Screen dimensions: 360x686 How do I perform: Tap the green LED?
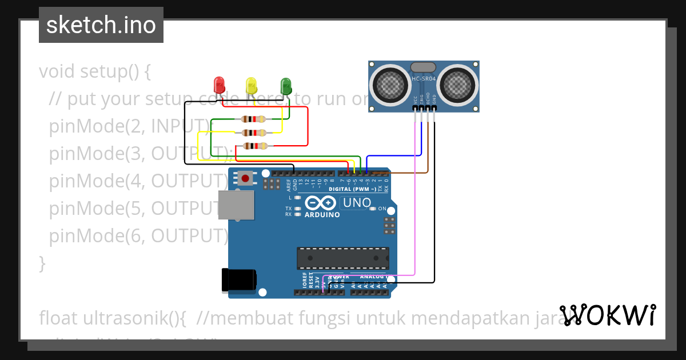point(286,86)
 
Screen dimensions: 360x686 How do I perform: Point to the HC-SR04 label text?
point(424,79)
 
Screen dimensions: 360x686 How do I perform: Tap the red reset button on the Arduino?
point(245,178)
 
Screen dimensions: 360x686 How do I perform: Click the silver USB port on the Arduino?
point(236,205)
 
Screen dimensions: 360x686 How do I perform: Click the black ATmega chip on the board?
point(342,258)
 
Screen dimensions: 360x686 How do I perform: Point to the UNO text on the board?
point(357,203)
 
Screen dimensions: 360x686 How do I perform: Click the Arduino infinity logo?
point(321,203)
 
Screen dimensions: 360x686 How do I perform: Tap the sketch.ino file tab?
point(101,25)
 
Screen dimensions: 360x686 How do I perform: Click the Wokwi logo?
point(607,315)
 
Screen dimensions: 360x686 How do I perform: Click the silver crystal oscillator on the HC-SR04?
point(424,68)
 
